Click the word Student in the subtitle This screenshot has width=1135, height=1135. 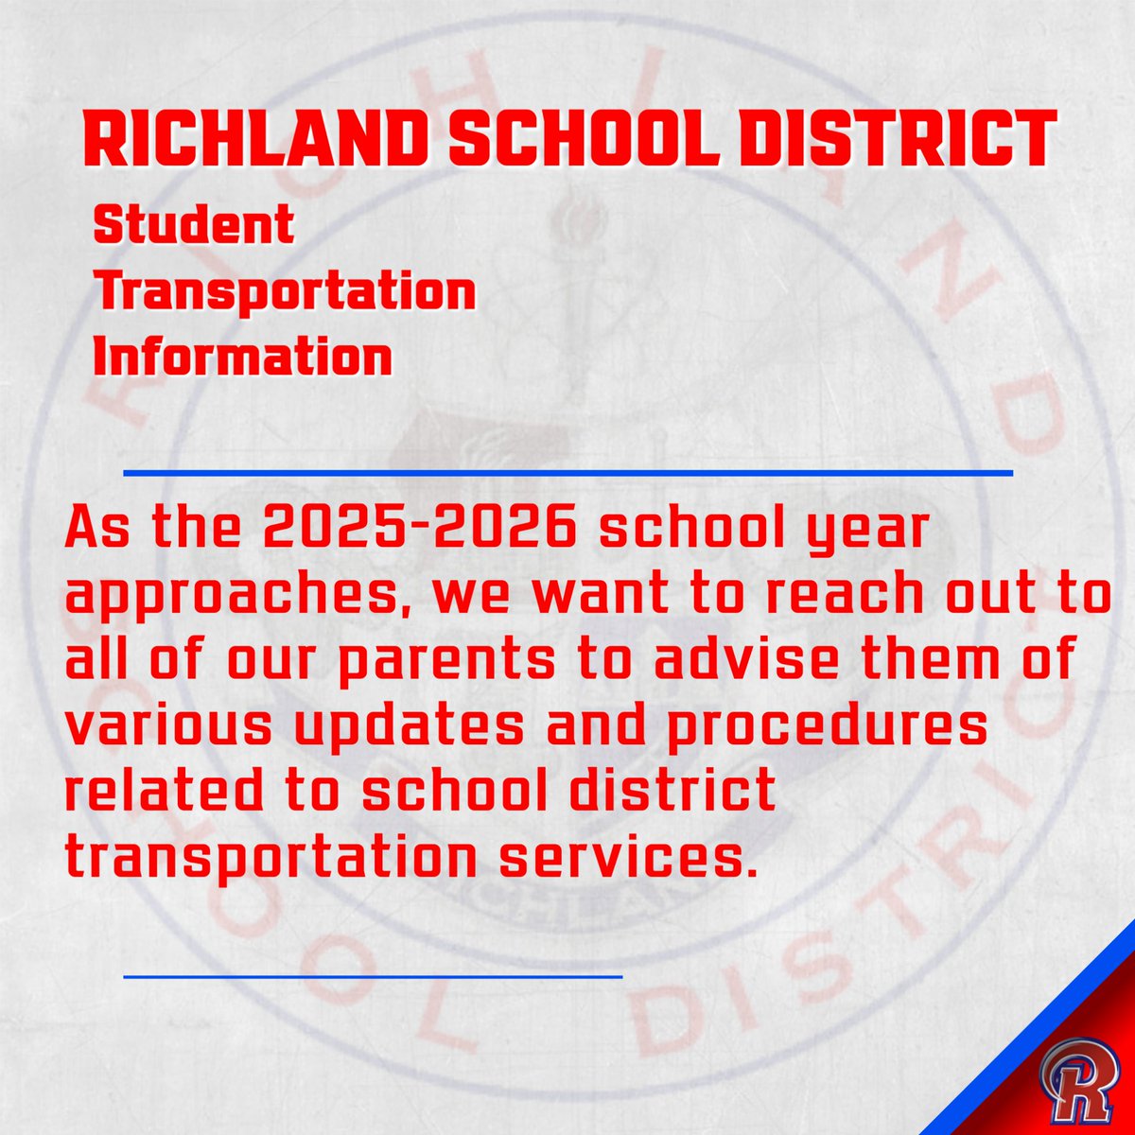click(x=194, y=227)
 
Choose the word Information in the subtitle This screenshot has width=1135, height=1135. click(x=243, y=358)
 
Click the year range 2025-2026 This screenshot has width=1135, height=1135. click(x=421, y=531)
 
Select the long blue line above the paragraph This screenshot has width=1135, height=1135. click(x=567, y=471)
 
